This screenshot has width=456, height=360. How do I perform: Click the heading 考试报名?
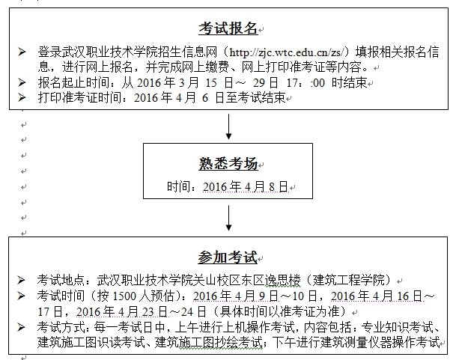tap(228, 28)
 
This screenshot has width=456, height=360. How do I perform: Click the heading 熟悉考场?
tap(228, 163)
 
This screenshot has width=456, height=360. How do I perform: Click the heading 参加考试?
tap(228, 257)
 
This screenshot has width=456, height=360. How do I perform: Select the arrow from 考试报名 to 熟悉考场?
tap(229, 126)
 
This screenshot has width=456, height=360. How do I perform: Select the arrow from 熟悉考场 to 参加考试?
tap(229, 218)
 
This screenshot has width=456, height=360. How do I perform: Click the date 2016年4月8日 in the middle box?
tap(246, 186)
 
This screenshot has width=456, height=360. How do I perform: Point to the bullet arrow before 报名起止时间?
tap(22, 82)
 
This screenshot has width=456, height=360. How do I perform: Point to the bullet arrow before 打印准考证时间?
tap(22, 97)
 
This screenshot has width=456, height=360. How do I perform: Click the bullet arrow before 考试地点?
tap(21, 280)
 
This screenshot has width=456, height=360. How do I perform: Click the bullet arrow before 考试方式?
tap(21, 327)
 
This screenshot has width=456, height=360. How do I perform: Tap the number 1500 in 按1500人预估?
tap(124, 296)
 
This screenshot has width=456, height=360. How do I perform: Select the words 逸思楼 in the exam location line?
tap(282, 281)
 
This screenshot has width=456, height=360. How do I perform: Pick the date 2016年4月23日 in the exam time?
tap(122, 312)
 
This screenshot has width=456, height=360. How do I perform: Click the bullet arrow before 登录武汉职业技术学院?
tap(22, 52)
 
